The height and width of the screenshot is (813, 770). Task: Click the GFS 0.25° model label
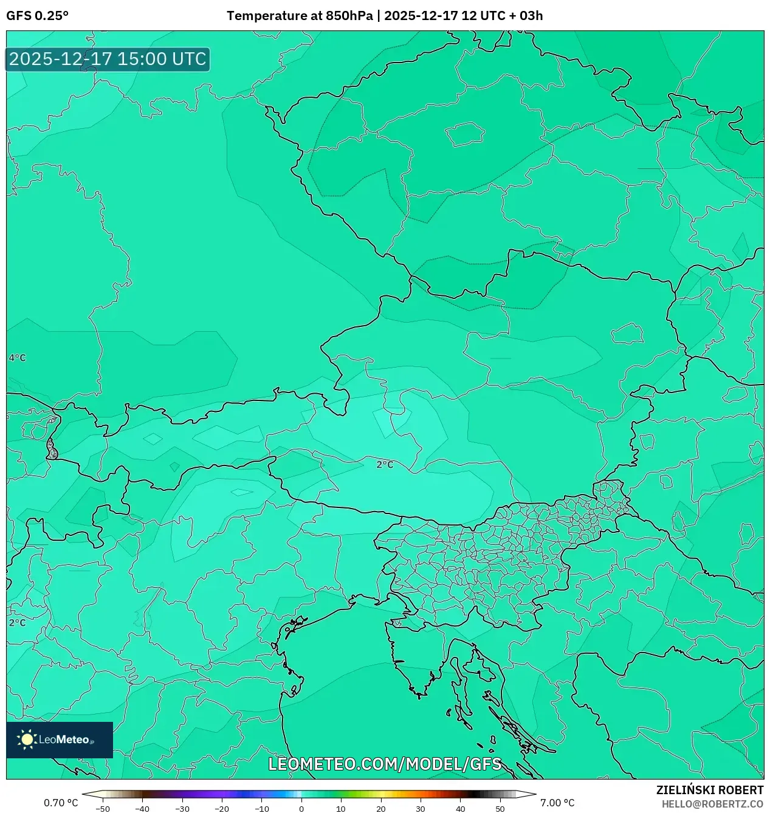37,16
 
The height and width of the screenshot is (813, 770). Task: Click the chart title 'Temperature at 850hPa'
300,16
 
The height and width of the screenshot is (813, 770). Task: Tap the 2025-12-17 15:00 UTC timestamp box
108,60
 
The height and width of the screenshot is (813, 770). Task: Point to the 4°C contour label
17,358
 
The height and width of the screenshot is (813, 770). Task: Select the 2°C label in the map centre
385,465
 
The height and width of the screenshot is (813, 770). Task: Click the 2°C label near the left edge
17,623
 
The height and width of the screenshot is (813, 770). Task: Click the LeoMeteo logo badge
60,739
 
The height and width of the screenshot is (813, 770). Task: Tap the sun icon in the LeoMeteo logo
27,739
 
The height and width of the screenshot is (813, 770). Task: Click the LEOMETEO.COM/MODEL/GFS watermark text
385,764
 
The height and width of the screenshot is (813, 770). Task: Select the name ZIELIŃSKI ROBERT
709,790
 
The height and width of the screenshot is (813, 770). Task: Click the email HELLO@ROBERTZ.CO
712,804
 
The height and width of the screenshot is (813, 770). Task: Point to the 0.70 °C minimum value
61,803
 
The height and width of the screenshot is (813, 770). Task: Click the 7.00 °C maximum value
557,803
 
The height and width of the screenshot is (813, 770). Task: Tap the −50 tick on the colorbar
103,809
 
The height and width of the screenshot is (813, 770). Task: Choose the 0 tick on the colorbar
301,809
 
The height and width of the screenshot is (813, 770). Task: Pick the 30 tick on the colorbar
421,809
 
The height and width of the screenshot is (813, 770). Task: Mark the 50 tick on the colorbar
500,809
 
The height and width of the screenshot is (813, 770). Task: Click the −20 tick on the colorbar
222,809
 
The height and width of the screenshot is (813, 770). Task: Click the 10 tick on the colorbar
341,809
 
